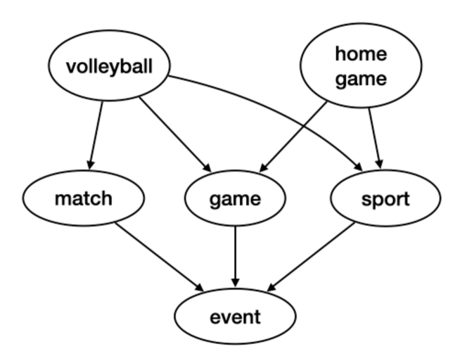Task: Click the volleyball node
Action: (x=109, y=67)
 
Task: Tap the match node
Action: (x=83, y=198)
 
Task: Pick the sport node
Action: (x=385, y=198)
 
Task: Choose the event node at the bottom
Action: (x=235, y=317)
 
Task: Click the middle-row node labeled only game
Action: (x=235, y=198)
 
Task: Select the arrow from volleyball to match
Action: (x=96, y=134)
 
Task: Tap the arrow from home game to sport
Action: (x=375, y=134)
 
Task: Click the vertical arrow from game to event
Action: (x=235, y=250)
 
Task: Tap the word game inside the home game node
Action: (x=361, y=79)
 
